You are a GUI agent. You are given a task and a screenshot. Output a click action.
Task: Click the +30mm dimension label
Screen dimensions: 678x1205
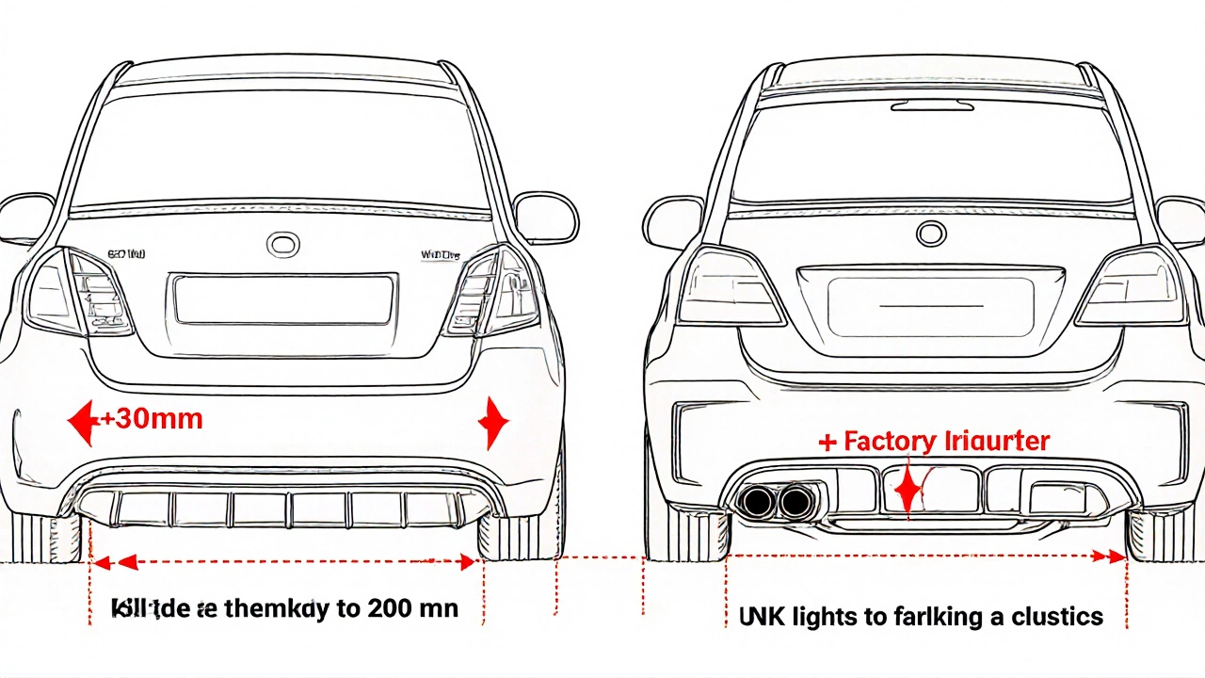pyautogui.click(x=151, y=419)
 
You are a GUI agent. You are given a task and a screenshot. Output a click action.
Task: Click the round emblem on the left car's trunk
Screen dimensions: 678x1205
pyautogui.click(x=282, y=245)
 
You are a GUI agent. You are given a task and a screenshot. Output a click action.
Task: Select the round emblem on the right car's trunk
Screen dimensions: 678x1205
pyautogui.click(x=932, y=234)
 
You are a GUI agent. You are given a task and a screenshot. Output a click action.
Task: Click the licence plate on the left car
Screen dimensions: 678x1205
pyautogui.click(x=282, y=300)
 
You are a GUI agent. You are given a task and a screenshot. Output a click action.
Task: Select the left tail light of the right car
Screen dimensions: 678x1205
pyautogui.click(x=730, y=287)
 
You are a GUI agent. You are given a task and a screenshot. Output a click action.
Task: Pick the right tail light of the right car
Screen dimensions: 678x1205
pyautogui.click(x=1130, y=287)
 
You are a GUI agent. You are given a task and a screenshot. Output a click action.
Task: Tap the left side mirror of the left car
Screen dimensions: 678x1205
pyautogui.click(x=25, y=218)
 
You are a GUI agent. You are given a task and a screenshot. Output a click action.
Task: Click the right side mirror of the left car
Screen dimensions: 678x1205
pyautogui.click(x=545, y=218)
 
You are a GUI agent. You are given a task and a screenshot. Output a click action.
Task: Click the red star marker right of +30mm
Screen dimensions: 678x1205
pyautogui.click(x=493, y=423)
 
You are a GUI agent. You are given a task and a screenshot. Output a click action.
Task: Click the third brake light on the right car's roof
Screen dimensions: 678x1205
pyautogui.click(x=932, y=105)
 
